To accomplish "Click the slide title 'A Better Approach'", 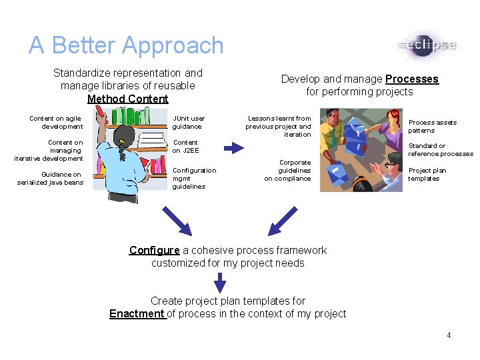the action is pyautogui.click(x=126, y=45).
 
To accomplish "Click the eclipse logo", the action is pyautogui.click(x=427, y=45).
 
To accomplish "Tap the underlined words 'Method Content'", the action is pyautogui.click(x=128, y=99).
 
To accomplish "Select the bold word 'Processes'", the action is pyautogui.click(x=412, y=79).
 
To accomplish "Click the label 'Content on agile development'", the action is pyautogui.click(x=56, y=122).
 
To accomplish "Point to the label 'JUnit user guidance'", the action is pyautogui.click(x=189, y=122).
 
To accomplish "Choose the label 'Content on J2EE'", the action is pyautogui.click(x=186, y=146).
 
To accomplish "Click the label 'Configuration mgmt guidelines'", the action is pyautogui.click(x=194, y=178).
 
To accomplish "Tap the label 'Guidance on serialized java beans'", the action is pyautogui.click(x=50, y=178).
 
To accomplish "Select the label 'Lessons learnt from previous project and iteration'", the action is pyautogui.click(x=279, y=126).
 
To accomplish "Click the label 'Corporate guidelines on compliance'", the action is pyautogui.click(x=288, y=170).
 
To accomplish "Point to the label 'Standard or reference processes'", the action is pyautogui.click(x=441, y=149).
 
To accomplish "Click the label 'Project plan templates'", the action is pyautogui.click(x=427, y=174).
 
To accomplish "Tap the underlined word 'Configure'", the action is pyautogui.click(x=155, y=250).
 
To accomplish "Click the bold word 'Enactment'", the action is pyautogui.click(x=137, y=313).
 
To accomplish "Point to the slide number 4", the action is pyautogui.click(x=449, y=335).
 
